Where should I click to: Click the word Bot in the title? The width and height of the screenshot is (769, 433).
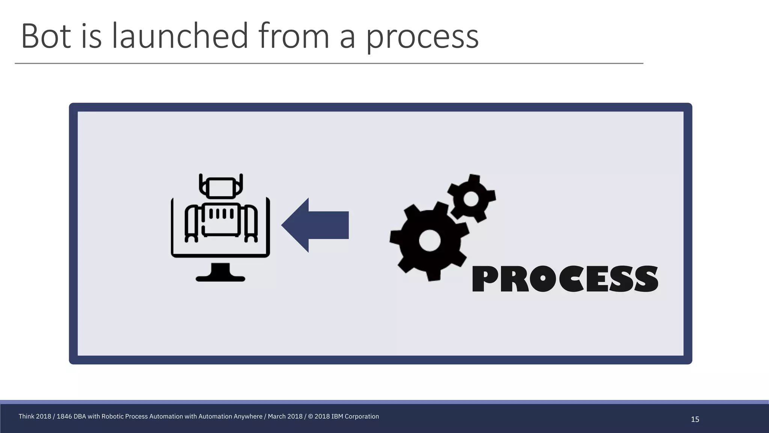click(46, 36)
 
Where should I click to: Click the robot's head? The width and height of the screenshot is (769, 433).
click(221, 187)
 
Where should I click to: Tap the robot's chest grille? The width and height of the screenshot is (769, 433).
click(221, 213)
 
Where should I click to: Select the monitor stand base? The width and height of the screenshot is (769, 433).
click(220, 278)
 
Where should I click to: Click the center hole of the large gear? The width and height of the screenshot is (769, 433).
click(430, 241)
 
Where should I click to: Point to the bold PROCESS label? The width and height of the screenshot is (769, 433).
click(565, 279)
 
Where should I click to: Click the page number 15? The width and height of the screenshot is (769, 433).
click(695, 419)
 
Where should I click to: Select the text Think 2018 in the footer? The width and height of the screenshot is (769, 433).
click(35, 416)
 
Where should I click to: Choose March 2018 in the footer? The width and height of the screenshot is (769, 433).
click(285, 416)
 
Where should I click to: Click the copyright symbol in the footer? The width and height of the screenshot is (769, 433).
click(310, 416)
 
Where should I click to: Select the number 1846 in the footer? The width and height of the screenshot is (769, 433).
click(64, 416)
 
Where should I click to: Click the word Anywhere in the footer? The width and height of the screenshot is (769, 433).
click(249, 416)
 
